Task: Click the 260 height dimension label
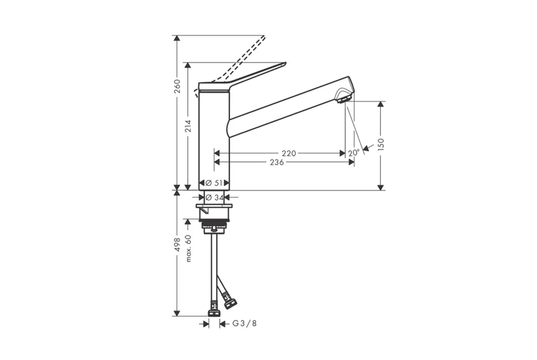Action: click(177, 86)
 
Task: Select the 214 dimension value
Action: click(188, 126)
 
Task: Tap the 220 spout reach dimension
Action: click(289, 153)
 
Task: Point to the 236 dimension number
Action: click(277, 162)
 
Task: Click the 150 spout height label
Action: click(381, 144)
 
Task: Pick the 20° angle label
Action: click(354, 153)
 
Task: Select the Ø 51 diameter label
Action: click(214, 183)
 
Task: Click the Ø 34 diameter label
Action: click(215, 198)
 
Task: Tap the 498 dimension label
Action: click(177, 245)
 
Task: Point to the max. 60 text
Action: click(188, 249)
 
